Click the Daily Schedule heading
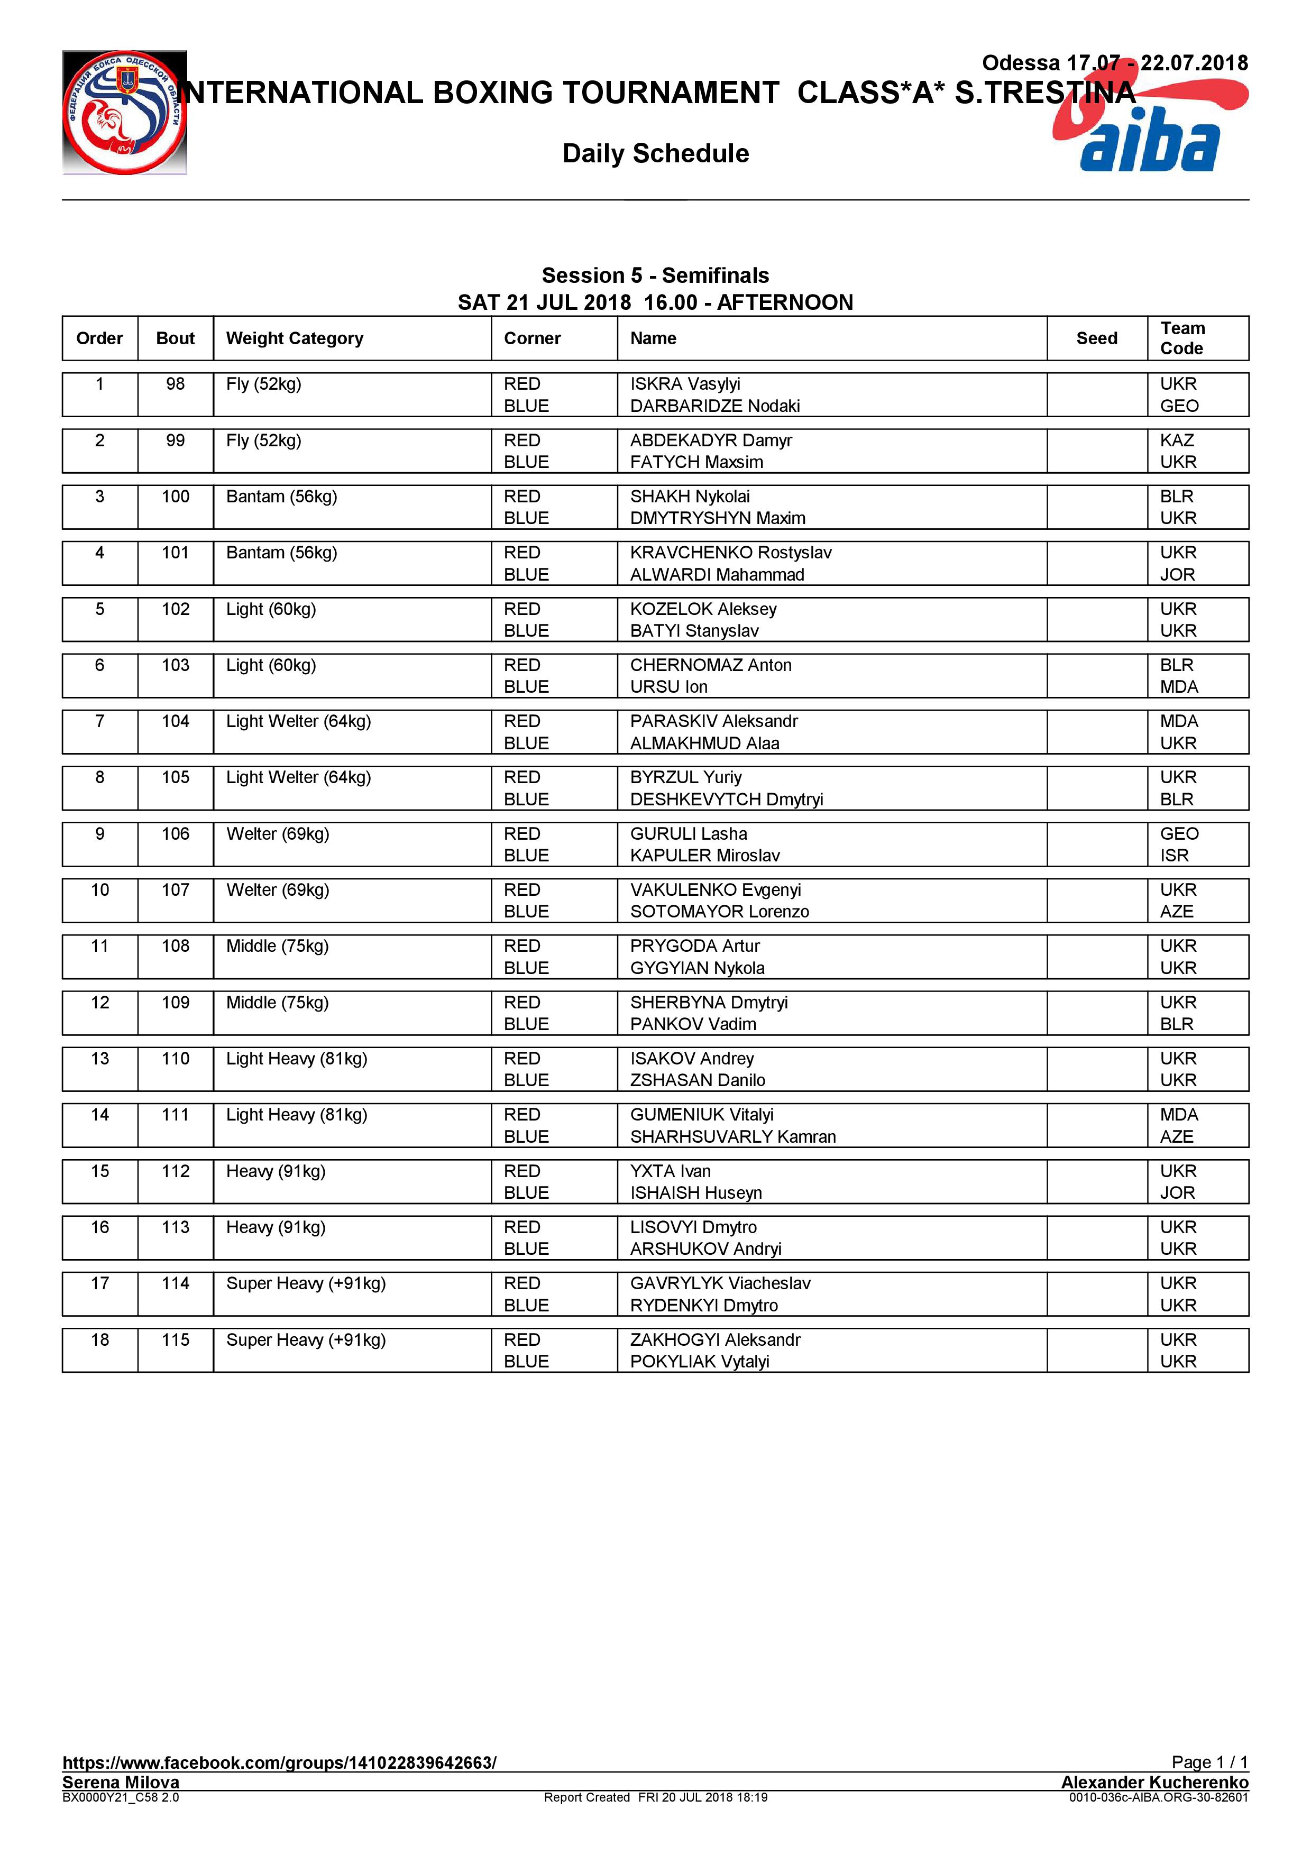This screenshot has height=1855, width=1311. (655, 153)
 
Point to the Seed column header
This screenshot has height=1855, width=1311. (1096, 338)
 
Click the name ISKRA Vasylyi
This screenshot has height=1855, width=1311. (685, 384)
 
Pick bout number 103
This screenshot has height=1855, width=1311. (175, 665)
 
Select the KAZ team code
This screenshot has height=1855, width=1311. (1177, 440)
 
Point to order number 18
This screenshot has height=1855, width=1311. (99, 1339)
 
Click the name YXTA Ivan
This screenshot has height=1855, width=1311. (671, 1171)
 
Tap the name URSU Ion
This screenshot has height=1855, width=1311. (669, 687)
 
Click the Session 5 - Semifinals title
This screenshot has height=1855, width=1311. (655, 276)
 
